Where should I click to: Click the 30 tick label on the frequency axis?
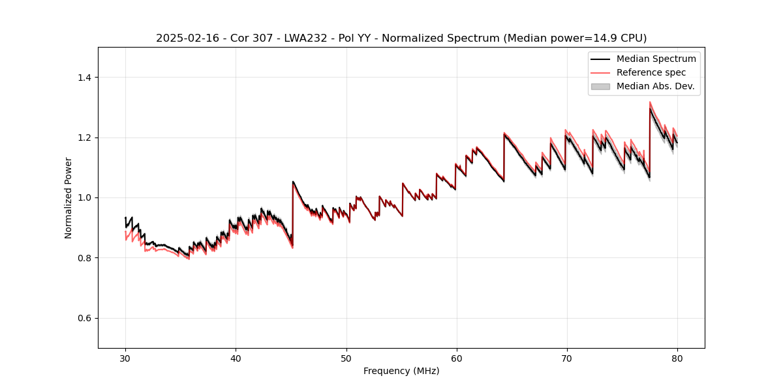pos(125,358)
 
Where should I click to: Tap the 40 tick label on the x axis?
pos(236,358)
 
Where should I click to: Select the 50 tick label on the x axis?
pos(346,358)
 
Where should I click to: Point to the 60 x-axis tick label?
pos(456,358)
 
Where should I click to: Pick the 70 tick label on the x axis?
pos(566,358)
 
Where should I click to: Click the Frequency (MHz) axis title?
pos(401,371)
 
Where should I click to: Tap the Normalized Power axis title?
pos(69,197)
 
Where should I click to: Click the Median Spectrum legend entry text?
pos(656,59)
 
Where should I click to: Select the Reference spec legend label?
pos(651,72)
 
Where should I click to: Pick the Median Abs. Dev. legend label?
pos(655,86)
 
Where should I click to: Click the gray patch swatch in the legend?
pos(600,86)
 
